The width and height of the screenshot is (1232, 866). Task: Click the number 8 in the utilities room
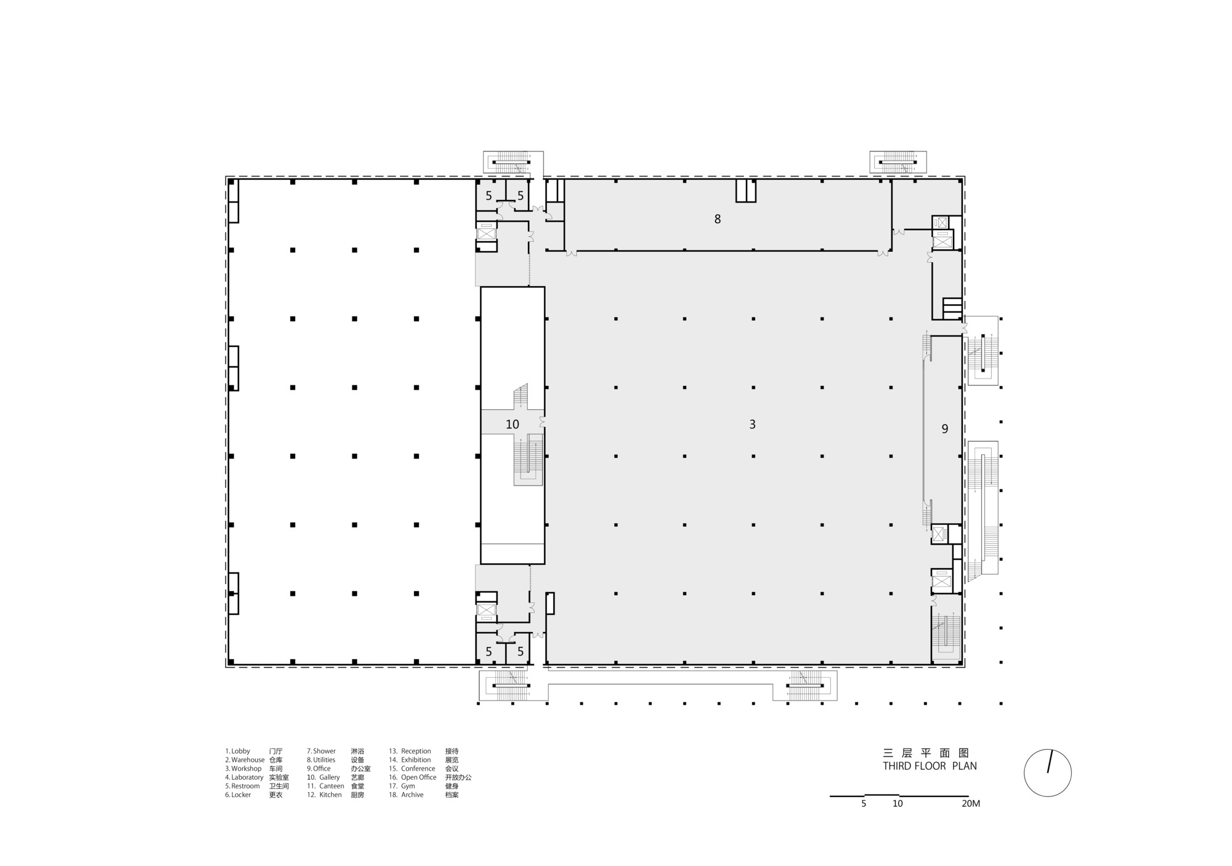pyautogui.click(x=717, y=219)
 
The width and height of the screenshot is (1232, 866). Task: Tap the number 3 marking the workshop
pyautogui.click(x=752, y=425)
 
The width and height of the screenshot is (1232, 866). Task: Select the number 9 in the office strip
pyautogui.click(x=945, y=430)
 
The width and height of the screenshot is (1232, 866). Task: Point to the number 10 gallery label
pyautogui.click(x=513, y=425)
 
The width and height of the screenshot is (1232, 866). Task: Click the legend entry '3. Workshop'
pyautogui.click(x=243, y=769)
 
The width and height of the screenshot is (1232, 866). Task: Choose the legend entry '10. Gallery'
pyautogui.click(x=324, y=777)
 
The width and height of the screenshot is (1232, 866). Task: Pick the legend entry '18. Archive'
pyautogui.click(x=406, y=795)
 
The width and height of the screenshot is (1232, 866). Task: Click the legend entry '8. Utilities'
pyautogui.click(x=322, y=760)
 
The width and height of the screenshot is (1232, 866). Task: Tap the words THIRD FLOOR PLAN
pyautogui.click(x=930, y=766)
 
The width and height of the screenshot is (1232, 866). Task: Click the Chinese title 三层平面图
pyautogui.click(x=926, y=753)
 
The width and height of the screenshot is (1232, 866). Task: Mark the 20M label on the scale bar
pyautogui.click(x=970, y=804)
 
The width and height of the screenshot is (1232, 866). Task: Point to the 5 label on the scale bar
pyautogui.click(x=864, y=804)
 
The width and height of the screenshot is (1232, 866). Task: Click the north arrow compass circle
pyautogui.click(x=1047, y=773)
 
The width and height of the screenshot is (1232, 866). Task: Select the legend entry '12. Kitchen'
pyautogui.click(x=325, y=795)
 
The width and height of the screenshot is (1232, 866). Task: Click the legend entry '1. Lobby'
pyautogui.click(x=238, y=752)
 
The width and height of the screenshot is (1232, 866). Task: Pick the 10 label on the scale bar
pyautogui.click(x=898, y=804)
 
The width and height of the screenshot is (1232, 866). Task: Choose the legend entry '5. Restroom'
pyautogui.click(x=242, y=786)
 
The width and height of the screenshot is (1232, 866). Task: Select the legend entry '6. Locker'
pyautogui.click(x=238, y=795)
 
